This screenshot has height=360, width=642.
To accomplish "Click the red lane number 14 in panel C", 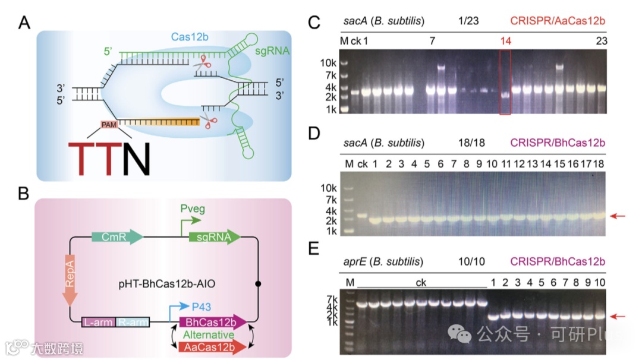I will [x=506, y=40].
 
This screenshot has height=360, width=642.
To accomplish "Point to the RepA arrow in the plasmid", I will [x=70, y=280].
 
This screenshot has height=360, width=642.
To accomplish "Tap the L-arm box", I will [x=99, y=323].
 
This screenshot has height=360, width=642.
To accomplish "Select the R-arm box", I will [x=133, y=323].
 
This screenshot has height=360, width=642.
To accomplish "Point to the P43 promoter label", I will [x=202, y=305].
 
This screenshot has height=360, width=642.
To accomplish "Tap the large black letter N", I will [x=136, y=159].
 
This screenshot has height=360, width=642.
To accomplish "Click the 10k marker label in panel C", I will [x=328, y=63].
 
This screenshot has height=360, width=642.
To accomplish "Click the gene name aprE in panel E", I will [x=354, y=262].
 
